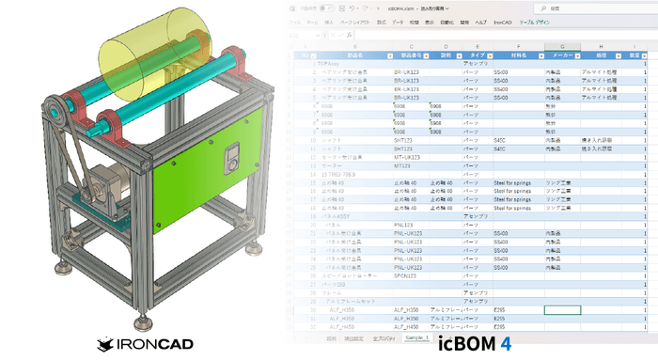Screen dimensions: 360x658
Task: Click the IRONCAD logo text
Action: (x=153, y=345)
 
